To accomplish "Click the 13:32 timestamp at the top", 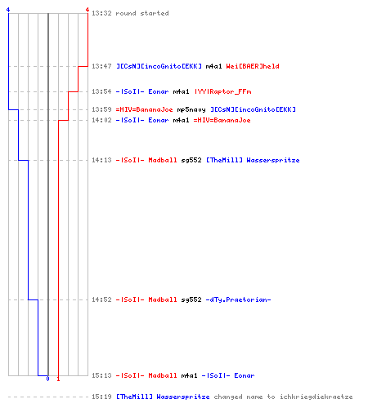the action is pos(101,13).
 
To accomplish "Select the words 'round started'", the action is pos(142,13).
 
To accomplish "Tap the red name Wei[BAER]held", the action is pos(253,66).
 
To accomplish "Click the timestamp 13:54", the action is pos(101,91).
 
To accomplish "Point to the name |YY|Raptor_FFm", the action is pos(222,91).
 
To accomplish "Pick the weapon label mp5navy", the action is pos(191,109).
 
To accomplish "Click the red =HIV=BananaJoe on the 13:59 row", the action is pos(144,109).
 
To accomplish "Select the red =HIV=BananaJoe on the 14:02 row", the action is pos(222,120).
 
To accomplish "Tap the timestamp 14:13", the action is pos(101,160).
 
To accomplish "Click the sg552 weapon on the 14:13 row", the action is pos(191,160).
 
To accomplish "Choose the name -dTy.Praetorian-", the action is pos(238,299).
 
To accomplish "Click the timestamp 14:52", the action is pos(101,299).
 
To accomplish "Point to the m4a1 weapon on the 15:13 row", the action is pos(189,375).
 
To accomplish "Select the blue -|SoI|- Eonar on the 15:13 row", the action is pos(228,375).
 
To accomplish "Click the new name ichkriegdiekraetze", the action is pos(316,397).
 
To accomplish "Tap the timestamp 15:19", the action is pos(101,397).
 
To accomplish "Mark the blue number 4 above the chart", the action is pos(8,10).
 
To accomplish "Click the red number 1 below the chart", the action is pos(58,379).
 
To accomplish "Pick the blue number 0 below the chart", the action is pos(47,379).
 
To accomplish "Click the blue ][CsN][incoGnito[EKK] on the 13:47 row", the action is pos(159,66).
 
